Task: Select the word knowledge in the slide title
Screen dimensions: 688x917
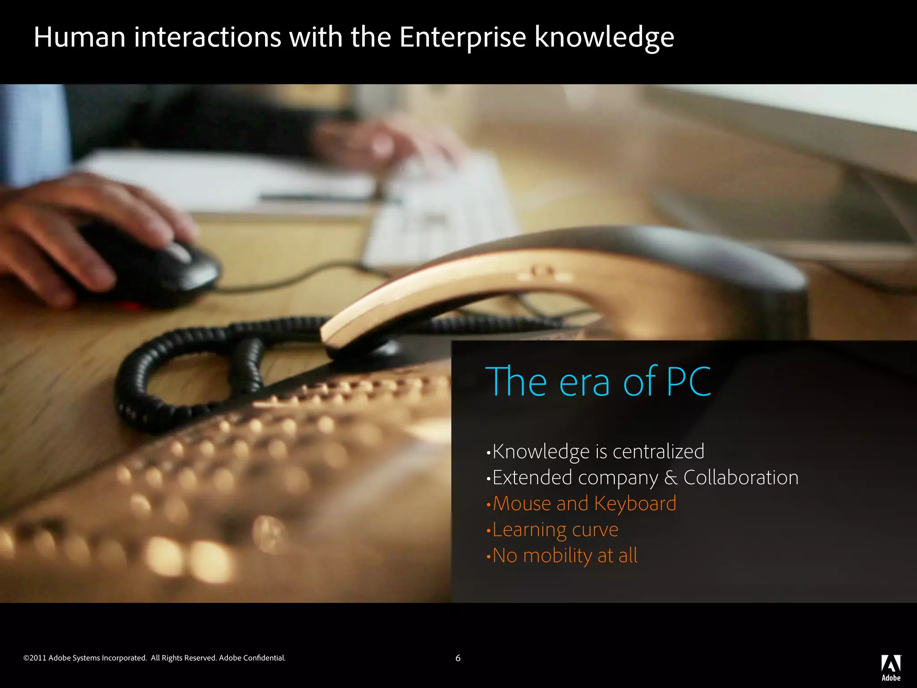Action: click(604, 38)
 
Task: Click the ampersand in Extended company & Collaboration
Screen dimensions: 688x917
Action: click(670, 478)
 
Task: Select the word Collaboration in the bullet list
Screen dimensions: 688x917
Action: click(741, 477)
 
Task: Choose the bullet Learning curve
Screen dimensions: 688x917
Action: click(555, 530)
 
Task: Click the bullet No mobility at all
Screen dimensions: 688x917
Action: click(564, 556)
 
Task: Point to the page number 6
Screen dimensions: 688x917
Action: click(458, 658)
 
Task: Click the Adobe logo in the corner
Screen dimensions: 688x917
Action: click(891, 667)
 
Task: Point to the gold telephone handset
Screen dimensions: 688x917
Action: click(448, 291)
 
